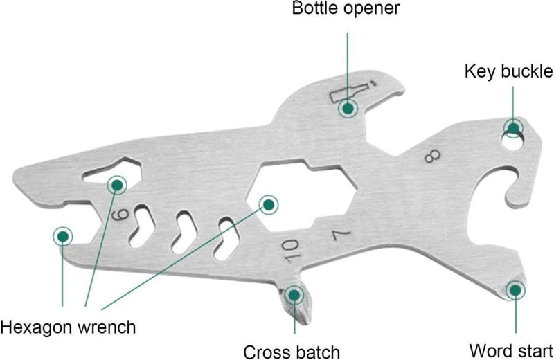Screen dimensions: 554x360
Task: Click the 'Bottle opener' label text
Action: tap(346, 8)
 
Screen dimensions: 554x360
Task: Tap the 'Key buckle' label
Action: tap(509, 71)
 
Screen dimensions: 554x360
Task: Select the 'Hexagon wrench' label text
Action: tap(68, 327)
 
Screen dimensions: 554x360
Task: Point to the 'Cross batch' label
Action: tap(292, 352)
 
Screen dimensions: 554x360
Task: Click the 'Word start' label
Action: tap(511, 351)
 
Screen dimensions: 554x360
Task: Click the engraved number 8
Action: tap(432, 156)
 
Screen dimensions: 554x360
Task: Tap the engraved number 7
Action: tap(341, 235)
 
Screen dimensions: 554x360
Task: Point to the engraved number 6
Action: tap(121, 214)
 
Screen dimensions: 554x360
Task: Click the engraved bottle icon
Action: tap(352, 91)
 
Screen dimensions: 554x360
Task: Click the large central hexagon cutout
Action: tap(301, 195)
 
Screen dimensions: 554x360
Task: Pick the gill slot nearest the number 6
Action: tap(142, 226)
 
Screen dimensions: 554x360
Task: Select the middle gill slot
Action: tap(184, 233)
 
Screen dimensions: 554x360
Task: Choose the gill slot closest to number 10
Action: tap(226, 239)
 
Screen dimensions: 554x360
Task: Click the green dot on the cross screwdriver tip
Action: tap(294, 295)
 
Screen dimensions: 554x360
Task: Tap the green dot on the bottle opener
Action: tap(348, 108)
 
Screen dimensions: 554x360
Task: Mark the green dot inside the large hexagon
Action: tap(269, 204)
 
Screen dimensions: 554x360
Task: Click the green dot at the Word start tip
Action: tap(515, 290)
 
